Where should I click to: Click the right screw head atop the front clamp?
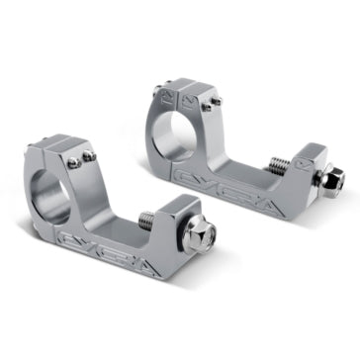coord(89,155)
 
